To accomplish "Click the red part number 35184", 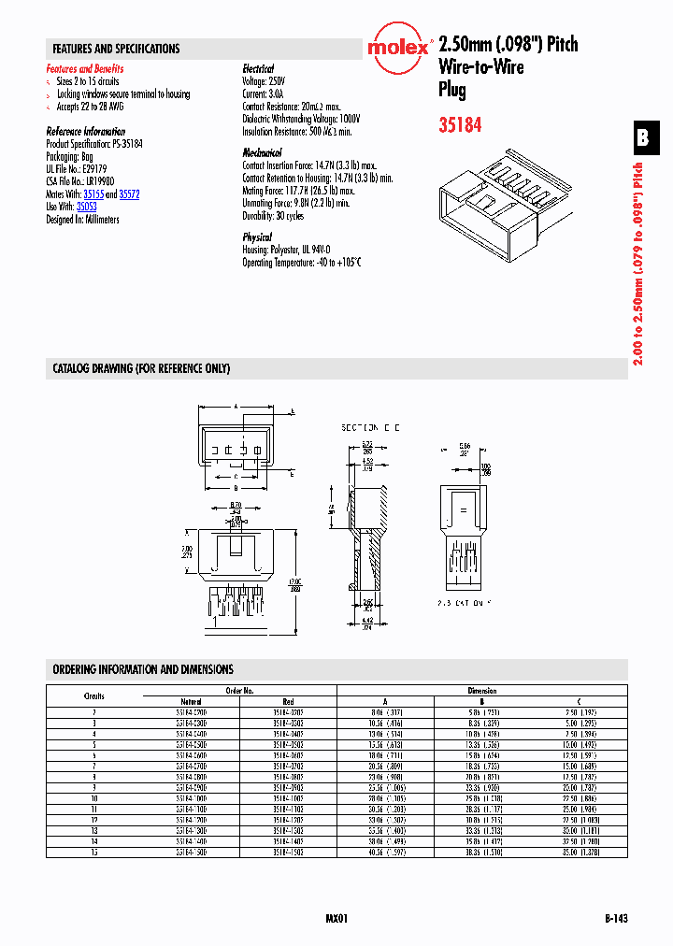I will (460, 123).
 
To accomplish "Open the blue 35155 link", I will (93, 194).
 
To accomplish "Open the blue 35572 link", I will (129, 194).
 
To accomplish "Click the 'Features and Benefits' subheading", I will (84, 69).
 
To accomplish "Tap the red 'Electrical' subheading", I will (258, 69).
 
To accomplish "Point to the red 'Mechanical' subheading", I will (262, 152).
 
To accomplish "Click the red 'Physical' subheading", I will (257, 237).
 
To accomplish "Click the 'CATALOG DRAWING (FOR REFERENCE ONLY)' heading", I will (141, 369).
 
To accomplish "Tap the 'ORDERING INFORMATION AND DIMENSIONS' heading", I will (143, 670).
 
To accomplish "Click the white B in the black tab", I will (642, 138).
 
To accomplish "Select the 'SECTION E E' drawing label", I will (370, 426).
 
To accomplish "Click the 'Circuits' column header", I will (94, 695).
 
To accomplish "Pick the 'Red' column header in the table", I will (288, 701).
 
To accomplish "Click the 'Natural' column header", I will (192, 701).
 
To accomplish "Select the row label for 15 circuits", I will (94, 851).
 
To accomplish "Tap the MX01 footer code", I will (336, 919).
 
